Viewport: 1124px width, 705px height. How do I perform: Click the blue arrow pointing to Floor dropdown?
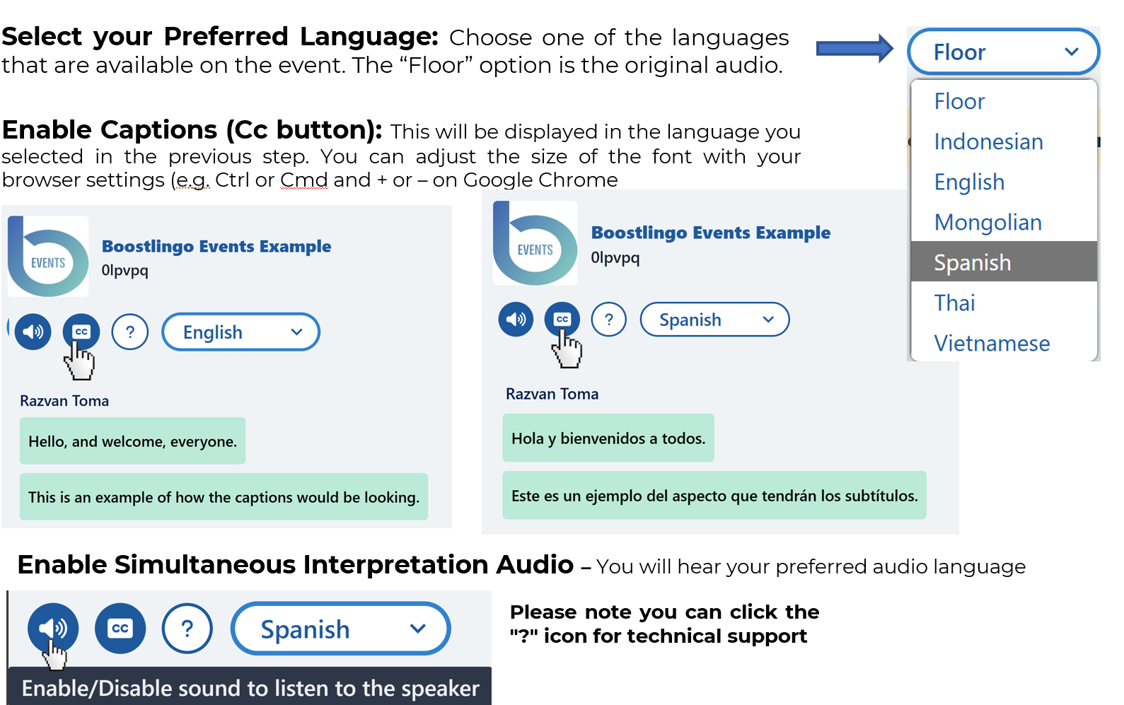tap(854, 48)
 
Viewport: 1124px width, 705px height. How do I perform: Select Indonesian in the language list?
tap(988, 142)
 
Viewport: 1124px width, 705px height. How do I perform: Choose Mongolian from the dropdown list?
tap(988, 222)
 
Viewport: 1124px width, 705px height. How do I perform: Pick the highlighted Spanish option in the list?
tap(1004, 262)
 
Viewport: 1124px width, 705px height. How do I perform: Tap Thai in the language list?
tap(954, 303)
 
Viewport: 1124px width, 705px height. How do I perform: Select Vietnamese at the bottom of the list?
tap(992, 344)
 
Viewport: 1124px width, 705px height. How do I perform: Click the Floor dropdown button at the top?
tap(1004, 51)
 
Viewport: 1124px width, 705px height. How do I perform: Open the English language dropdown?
tap(241, 332)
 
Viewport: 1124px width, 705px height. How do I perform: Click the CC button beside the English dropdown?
tap(81, 331)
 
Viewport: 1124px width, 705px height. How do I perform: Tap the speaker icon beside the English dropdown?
tap(33, 332)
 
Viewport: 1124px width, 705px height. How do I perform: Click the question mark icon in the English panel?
tap(130, 332)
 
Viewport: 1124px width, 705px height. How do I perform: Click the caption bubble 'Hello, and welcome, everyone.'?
tap(132, 441)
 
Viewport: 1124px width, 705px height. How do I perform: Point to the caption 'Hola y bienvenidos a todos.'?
tap(608, 438)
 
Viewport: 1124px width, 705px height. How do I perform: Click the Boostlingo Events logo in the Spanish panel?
tap(535, 243)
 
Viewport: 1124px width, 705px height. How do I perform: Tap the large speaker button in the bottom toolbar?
tap(52, 628)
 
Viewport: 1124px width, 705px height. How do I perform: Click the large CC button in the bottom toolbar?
tap(120, 628)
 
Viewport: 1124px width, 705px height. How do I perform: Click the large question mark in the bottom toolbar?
tap(187, 628)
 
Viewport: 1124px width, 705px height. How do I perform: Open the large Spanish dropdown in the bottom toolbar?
tap(340, 628)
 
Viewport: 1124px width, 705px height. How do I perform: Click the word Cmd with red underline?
tap(303, 180)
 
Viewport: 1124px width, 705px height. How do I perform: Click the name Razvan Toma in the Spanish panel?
tap(552, 394)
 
